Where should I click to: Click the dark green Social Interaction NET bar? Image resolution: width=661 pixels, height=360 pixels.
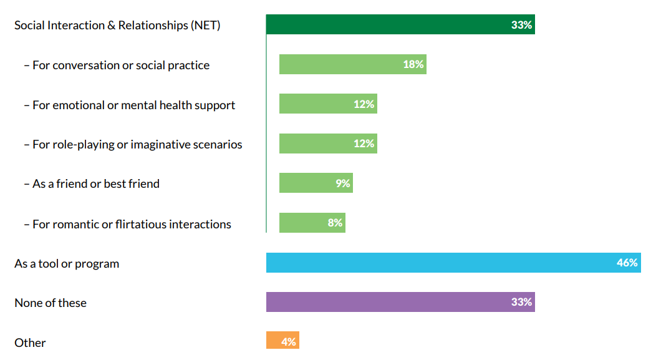pyautogui.click(x=400, y=24)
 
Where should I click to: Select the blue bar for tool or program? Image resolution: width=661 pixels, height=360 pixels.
pyautogui.click(x=453, y=263)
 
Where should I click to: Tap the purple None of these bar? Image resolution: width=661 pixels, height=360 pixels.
pyautogui.click(x=400, y=302)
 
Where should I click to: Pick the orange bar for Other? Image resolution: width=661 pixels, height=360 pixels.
pyautogui.click(x=282, y=340)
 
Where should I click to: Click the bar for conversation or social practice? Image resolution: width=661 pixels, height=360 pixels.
pyautogui.click(x=353, y=64)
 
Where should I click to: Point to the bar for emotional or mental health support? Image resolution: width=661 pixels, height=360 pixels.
pyautogui.click(x=328, y=104)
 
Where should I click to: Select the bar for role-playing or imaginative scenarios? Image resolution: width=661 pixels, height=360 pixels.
pyautogui.click(x=328, y=144)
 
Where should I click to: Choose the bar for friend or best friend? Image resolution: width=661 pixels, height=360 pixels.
pyautogui.click(x=316, y=183)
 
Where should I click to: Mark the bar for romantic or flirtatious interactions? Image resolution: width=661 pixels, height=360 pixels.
pyautogui.click(x=312, y=223)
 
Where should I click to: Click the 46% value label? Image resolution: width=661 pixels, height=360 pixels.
pyautogui.click(x=627, y=263)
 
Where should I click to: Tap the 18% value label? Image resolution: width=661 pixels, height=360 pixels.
pyautogui.click(x=413, y=64)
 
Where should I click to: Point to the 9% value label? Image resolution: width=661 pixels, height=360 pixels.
pyautogui.click(x=343, y=183)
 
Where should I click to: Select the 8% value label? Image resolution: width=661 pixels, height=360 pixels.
pyautogui.click(x=335, y=223)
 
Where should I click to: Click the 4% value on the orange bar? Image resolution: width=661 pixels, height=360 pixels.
pyautogui.click(x=289, y=342)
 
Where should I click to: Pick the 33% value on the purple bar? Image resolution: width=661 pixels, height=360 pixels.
pyautogui.click(x=521, y=302)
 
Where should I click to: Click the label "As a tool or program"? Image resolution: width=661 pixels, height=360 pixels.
pyautogui.click(x=67, y=264)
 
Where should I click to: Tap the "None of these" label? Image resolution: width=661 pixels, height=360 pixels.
pyautogui.click(x=50, y=303)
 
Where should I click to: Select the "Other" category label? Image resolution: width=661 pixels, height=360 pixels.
pyautogui.click(x=30, y=343)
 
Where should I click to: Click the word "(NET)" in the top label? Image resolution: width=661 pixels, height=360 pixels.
pyautogui.click(x=205, y=26)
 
